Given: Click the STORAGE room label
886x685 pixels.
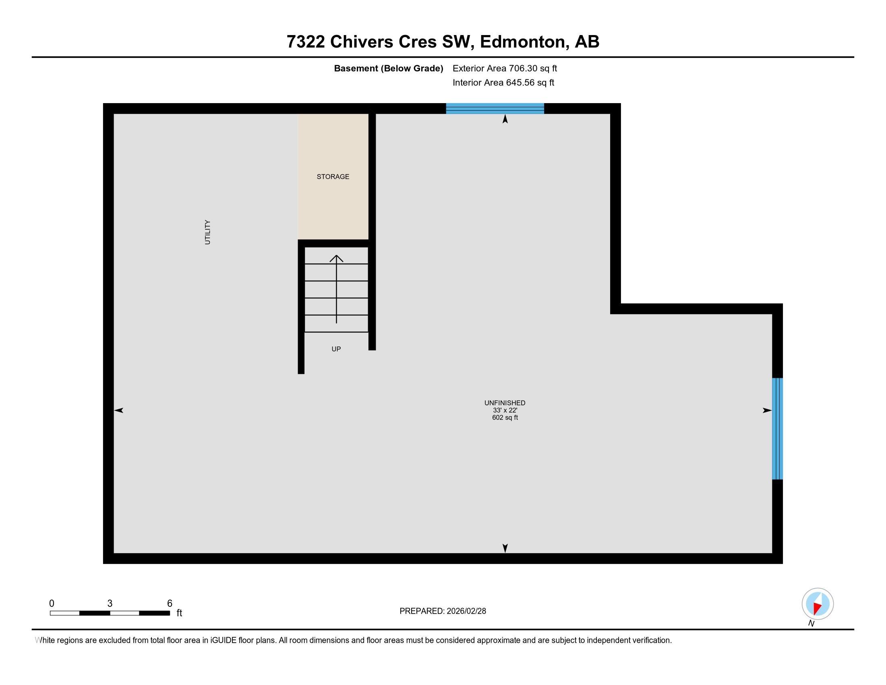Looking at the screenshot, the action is coord(333,176).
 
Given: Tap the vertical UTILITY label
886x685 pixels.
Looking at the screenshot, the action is coord(208,232).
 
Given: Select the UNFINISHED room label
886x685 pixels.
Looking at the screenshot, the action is coord(505,403).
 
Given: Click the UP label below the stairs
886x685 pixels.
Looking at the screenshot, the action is coord(336,349).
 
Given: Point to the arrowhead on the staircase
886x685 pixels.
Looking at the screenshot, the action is coord(336,258).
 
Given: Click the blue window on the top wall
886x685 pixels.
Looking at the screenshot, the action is coord(495,108).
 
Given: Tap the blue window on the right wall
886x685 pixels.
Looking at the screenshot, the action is coord(777,429).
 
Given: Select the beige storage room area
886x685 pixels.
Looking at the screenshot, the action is coord(333,176).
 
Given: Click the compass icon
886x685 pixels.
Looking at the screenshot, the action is coord(818,604).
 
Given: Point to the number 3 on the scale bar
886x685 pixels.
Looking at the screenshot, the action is coord(110,604).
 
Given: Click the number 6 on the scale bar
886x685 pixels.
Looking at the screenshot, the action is coord(170,604).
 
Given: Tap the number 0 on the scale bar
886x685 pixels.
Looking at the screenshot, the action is coord(52,604).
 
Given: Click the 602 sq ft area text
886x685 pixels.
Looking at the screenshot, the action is coord(505,417).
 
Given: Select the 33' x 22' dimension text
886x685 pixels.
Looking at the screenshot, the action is coord(505,410).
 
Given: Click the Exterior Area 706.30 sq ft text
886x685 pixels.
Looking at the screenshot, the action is coord(505,68).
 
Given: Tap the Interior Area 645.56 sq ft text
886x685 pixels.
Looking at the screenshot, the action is coord(503,82).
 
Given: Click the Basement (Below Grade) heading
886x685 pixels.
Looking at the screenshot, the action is coord(388,68).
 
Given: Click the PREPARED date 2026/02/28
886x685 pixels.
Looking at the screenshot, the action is coord(466,611).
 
